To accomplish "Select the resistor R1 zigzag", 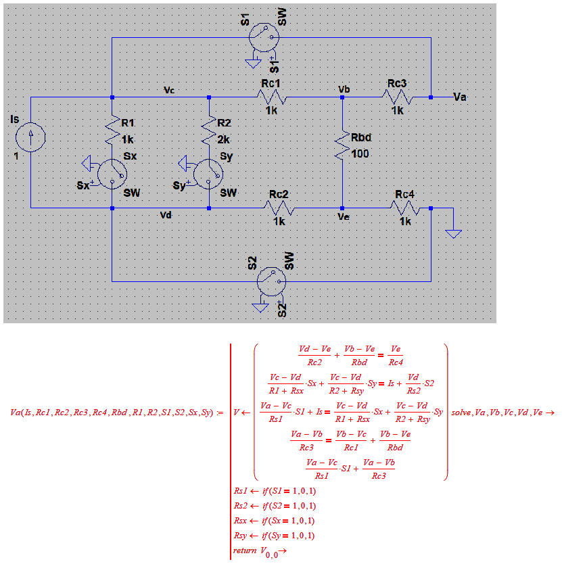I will coord(112,131).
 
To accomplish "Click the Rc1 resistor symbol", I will coord(272,98).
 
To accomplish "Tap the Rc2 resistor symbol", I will coord(280,208).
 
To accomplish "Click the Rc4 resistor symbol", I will coord(406,208).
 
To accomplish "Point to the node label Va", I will coord(460,98).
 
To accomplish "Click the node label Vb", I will coord(344,89).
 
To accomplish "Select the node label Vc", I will coord(169,89).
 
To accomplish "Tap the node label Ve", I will coord(344,217).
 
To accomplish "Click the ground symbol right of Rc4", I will coord(453,233).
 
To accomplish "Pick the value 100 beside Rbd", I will coord(360,154).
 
